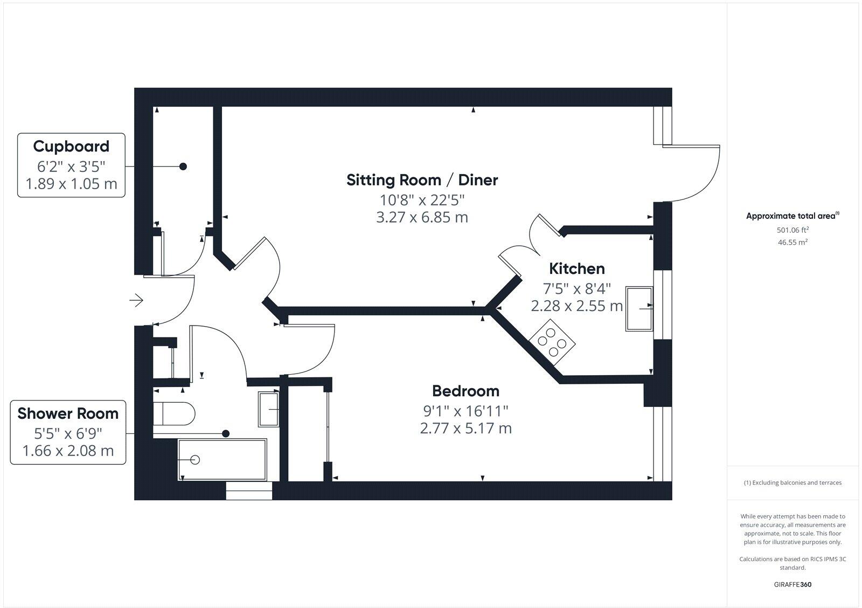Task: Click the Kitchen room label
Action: (576, 268)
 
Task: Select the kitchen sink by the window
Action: (639, 308)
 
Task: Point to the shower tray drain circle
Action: (195, 460)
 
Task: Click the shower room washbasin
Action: (269, 410)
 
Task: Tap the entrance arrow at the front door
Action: (136, 300)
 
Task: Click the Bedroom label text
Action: (465, 391)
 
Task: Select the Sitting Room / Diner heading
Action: (422, 180)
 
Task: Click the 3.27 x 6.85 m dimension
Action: (422, 218)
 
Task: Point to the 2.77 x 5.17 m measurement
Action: (465, 429)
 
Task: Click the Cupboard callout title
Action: (71, 146)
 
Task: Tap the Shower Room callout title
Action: (68, 413)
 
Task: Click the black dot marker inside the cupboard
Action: (183, 167)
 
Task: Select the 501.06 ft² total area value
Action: (793, 230)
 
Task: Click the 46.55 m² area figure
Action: (793, 242)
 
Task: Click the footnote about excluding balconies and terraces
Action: (793, 483)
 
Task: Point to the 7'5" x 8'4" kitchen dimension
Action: (576, 288)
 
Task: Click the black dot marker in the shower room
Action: (226, 433)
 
